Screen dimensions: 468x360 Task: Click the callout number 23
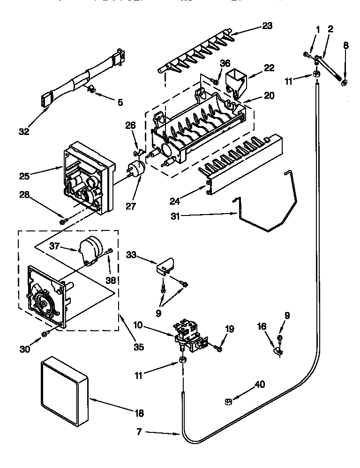point(267,26)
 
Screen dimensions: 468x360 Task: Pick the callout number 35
point(138,347)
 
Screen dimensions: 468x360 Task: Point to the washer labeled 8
point(345,83)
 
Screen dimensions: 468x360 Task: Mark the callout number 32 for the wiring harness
point(24,131)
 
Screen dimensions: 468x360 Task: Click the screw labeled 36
point(216,82)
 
